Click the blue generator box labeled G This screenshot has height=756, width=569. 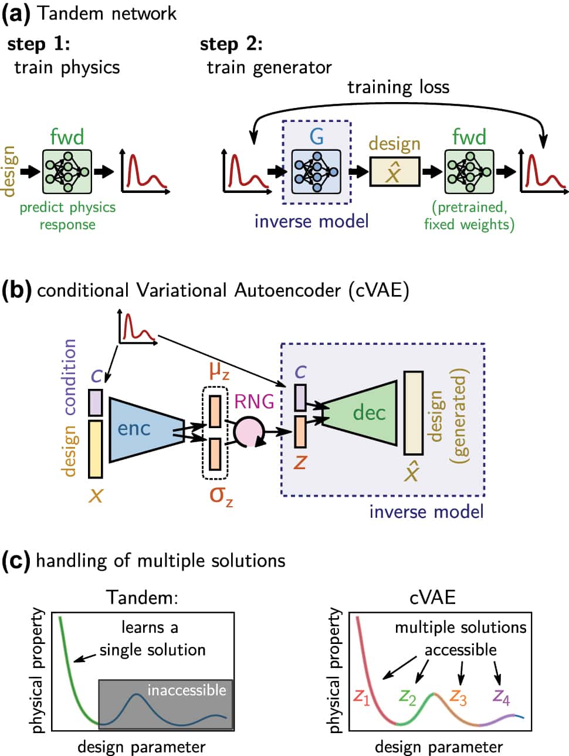316,171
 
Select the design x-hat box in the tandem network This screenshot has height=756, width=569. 394,172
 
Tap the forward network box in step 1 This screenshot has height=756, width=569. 67,171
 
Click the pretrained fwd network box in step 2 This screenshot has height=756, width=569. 469,171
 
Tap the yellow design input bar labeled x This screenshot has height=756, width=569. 95,449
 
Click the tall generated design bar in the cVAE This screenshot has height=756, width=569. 413,413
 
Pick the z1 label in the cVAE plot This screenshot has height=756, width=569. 361,697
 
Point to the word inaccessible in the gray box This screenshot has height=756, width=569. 187,690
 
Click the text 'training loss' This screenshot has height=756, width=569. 398,87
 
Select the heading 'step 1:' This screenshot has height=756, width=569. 39,44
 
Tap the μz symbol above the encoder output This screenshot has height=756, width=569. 219,371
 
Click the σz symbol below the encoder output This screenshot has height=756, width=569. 221,496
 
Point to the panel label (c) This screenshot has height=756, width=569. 16,561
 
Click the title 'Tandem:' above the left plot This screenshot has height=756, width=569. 142,597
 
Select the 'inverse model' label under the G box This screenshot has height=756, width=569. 311,221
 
